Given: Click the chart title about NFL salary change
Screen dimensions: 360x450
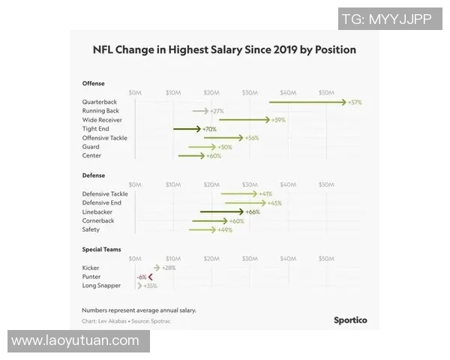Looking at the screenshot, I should (223, 50).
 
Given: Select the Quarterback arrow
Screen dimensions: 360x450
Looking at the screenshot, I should (307, 102).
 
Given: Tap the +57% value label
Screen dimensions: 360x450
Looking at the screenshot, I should (355, 102).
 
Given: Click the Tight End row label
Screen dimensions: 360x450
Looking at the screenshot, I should (97, 129).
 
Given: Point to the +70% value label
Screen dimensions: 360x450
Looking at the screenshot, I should (209, 129).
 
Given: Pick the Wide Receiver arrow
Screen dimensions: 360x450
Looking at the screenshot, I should (244, 120).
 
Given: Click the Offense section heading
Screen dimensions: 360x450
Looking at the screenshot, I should (94, 83).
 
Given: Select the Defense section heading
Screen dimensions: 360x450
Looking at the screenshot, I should (94, 175).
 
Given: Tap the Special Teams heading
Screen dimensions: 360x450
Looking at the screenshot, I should (102, 249).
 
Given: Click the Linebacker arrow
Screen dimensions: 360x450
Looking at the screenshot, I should (221, 212).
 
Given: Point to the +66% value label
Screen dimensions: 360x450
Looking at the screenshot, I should (253, 212).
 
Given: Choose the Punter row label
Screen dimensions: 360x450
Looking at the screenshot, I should (91, 277).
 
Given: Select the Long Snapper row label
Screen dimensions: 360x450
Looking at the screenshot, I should (101, 286).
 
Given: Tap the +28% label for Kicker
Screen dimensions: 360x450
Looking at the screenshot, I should (169, 268).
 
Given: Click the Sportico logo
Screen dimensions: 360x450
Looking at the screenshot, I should (350, 320).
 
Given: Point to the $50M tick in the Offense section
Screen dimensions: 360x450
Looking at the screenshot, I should (326, 92).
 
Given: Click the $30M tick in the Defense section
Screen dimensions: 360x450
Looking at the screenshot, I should (250, 184).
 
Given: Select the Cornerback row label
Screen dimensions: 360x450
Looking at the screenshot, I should (98, 221).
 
